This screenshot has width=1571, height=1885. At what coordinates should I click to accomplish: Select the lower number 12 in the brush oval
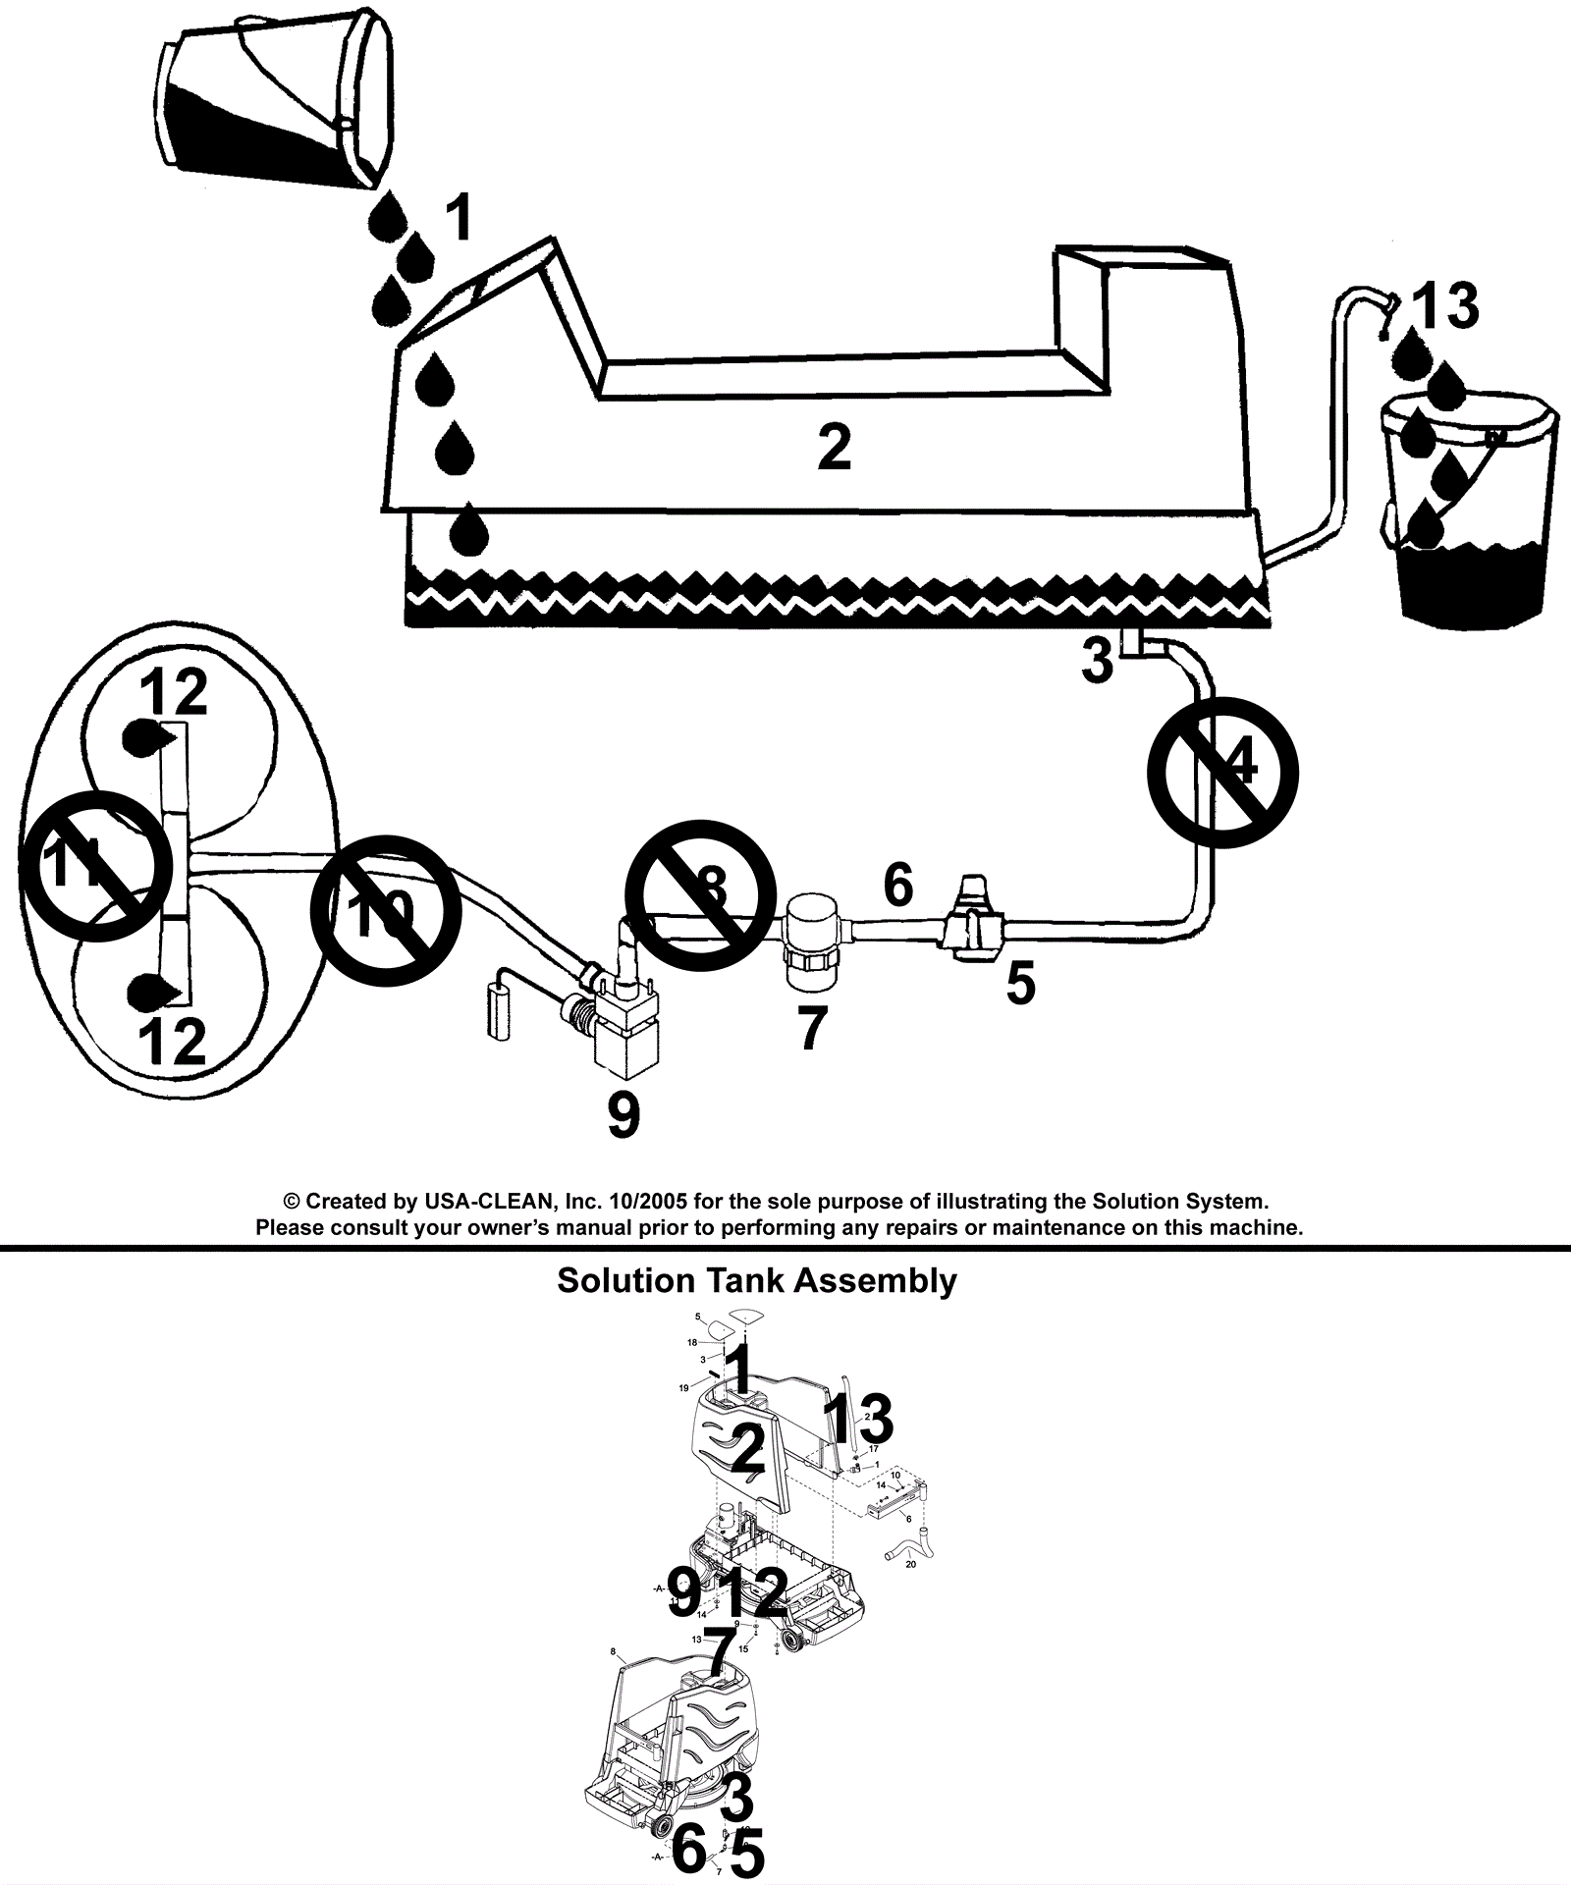tap(173, 1041)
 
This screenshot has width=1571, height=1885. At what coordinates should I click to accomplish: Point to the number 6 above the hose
tap(898, 885)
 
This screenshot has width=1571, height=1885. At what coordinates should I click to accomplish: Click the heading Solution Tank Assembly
tap(756, 1281)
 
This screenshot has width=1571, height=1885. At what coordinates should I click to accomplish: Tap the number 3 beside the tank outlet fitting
tap(1098, 661)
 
